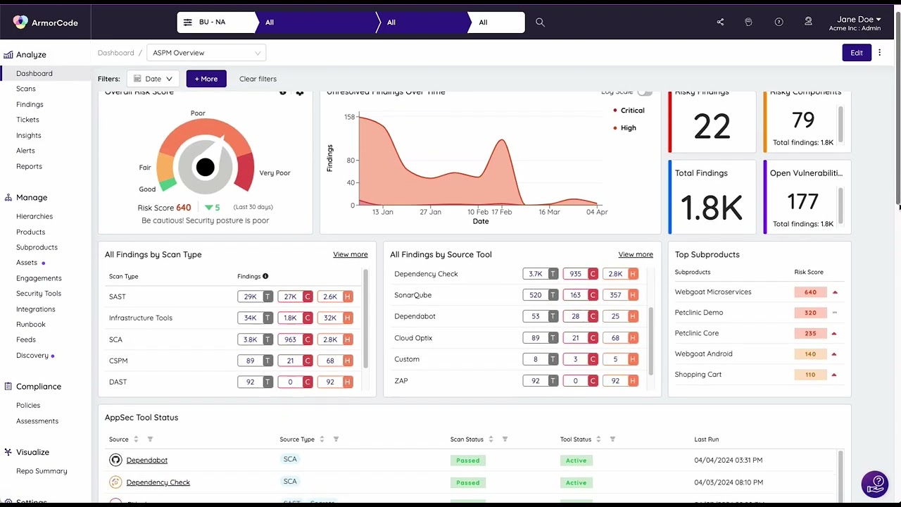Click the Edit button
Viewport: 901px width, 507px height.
point(856,53)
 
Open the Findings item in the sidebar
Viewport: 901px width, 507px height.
point(30,104)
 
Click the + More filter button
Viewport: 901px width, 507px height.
point(206,79)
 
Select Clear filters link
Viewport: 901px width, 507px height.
point(258,79)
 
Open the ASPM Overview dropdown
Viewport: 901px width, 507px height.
point(206,53)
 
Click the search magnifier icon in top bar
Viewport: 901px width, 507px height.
point(540,23)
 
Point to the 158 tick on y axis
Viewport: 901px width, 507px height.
point(349,117)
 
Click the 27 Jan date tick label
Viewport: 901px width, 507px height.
point(430,212)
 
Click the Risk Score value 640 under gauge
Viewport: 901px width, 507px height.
point(184,208)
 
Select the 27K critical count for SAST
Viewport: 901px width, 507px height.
point(290,296)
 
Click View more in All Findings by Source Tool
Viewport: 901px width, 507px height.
point(635,254)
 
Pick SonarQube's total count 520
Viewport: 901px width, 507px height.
point(536,295)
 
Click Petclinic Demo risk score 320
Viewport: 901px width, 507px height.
point(810,313)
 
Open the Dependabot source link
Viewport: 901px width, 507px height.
point(146,460)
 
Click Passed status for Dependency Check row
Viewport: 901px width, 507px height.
point(467,482)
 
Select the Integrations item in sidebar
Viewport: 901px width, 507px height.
point(35,309)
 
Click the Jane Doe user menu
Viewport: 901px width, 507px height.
point(855,23)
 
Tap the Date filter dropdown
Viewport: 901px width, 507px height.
point(153,79)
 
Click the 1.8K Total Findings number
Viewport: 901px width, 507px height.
point(711,208)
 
